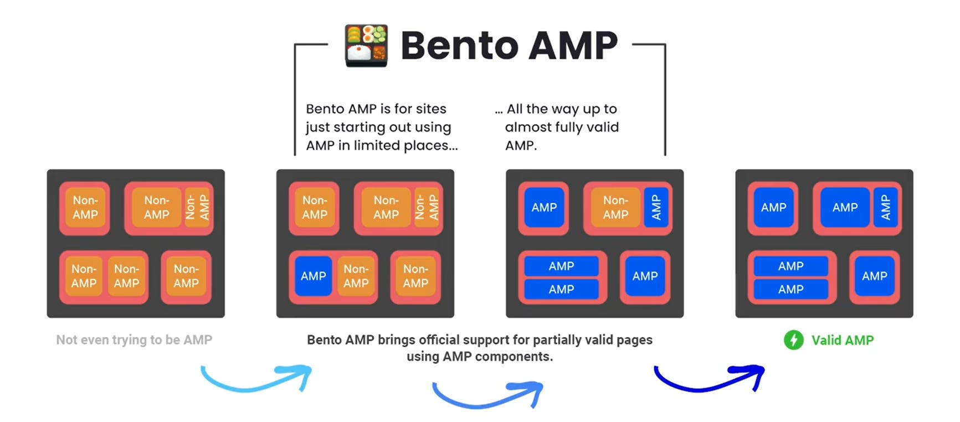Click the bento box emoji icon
(366, 45)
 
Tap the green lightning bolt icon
(793, 339)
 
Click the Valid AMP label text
(842, 340)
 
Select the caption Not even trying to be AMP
(134, 339)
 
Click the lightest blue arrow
(256, 379)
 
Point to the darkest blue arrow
(709, 379)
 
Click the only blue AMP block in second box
(314, 276)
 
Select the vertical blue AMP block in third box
(656, 207)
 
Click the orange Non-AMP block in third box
(615, 207)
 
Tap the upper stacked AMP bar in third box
(561, 266)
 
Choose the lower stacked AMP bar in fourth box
(790, 289)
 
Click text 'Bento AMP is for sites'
(376, 109)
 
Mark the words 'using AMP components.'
(480, 356)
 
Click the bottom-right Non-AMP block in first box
(186, 276)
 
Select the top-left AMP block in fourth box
(773, 207)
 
